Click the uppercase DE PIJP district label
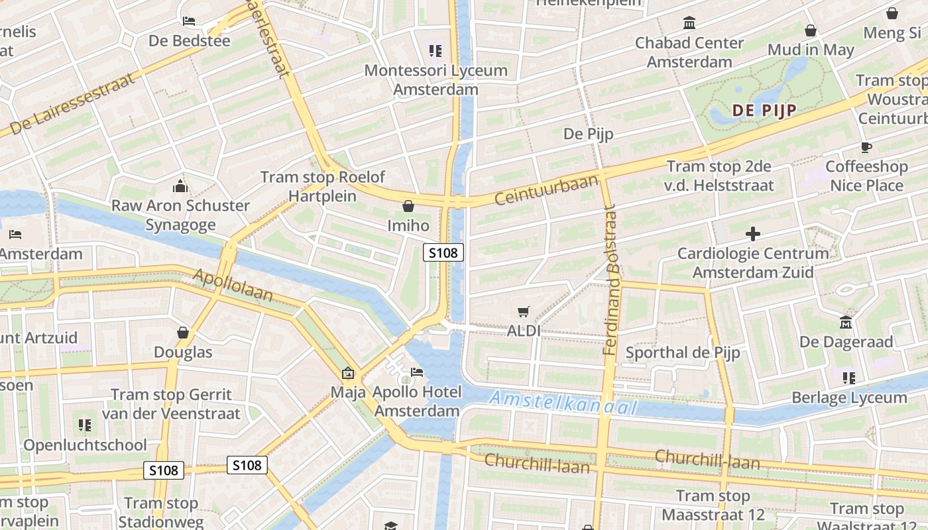pos(764,111)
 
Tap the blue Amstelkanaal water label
pos(563,402)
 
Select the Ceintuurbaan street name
pos(546,189)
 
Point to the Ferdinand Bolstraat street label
pos(610,280)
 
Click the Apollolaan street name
pos(233,285)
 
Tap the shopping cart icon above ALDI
pos(524,311)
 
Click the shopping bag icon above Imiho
pos(408,206)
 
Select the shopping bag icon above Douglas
pos(183,333)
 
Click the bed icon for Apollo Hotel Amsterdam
pos(417,372)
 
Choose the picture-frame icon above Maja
pos(348,374)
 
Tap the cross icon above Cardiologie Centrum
pos(752,234)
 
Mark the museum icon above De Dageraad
pos(846,323)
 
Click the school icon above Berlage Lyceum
pos(849,378)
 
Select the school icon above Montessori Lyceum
pos(435,50)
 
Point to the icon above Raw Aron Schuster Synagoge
pos(180,186)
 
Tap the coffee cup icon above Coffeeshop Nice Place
pos(866,147)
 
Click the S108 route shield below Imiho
pos(443,252)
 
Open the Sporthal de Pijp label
pos(682,352)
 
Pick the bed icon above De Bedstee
pos(189,21)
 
